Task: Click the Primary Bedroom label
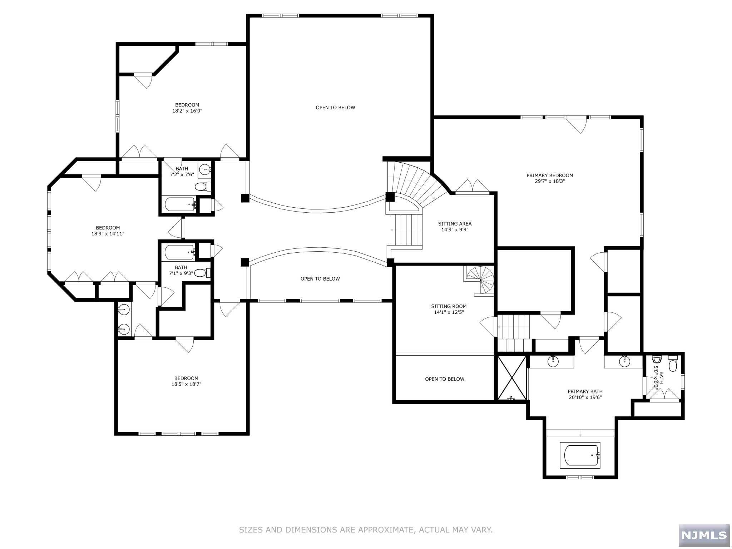549,175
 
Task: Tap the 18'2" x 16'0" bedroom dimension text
187,111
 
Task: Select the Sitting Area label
455,224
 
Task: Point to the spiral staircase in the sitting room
481,280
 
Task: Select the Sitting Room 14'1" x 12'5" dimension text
449,312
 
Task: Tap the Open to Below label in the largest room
335,107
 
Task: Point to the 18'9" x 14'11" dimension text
108,234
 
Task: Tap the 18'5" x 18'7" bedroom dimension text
186,384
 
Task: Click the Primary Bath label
585,391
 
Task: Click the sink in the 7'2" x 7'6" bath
205,169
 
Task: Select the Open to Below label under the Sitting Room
444,379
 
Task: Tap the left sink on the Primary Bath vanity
553,361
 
